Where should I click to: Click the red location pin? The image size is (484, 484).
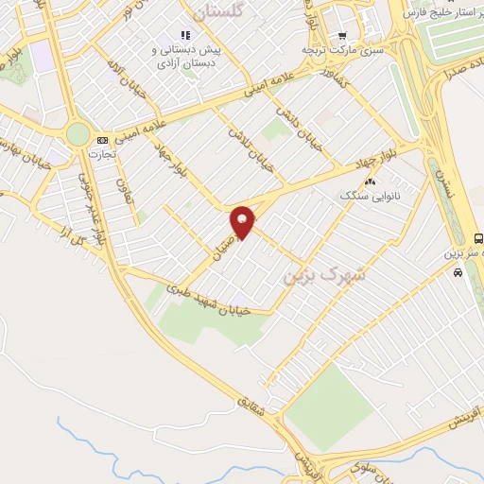pyautogui.click(x=243, y=221)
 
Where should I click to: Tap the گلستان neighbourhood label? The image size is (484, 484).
pyautogui.click(x=218, y=12)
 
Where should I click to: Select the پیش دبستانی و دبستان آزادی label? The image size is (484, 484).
pyautogui.click(x=186, y=54)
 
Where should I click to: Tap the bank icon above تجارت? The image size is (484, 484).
pyautogui.click(x=101, y=140)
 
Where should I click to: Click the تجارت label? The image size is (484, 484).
pyautogui.click(x=101, y=152)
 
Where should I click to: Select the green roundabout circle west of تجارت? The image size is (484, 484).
pyautogui.click(x=78, y=134)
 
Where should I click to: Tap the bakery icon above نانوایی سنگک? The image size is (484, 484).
pyautogui.click(x=370, y=181)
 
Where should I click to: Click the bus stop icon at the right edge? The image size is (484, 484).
pyautogui.click(x=478, y=238)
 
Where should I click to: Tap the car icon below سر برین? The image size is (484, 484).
pyautogui.click(x=458, y=272)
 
